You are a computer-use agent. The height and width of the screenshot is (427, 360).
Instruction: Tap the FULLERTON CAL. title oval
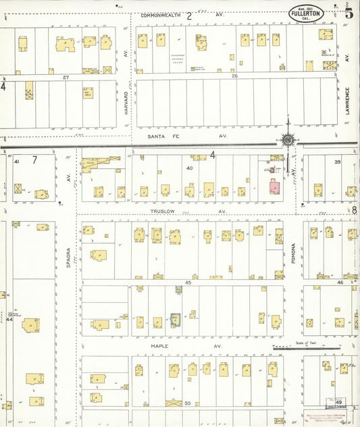coord(306,14)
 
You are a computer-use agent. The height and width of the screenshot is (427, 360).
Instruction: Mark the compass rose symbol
coord(288,140)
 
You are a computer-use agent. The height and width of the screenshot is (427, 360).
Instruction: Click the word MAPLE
coord(159,347)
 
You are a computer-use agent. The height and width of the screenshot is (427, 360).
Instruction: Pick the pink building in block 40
coord(275,187)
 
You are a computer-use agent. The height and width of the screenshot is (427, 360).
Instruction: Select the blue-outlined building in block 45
coord(176,319)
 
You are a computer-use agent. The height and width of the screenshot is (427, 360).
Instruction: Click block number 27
coord(66,78)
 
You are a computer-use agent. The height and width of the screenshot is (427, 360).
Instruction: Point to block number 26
coord(234,76)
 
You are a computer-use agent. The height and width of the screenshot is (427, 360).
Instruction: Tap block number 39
coord(336,162)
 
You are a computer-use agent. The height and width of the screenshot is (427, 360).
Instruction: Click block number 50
coord(188,403)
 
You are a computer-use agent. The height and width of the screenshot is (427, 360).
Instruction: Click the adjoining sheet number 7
coord(34,161)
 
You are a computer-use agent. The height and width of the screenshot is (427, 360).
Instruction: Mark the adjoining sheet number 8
coord(354,211)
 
